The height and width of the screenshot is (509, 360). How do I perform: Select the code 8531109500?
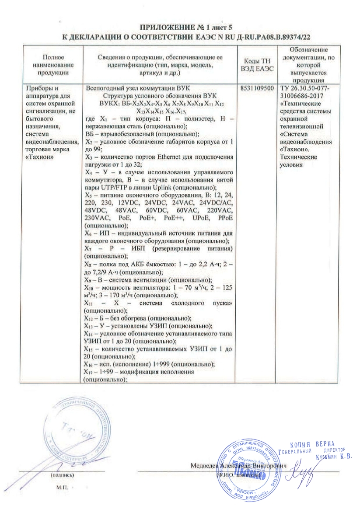click(x=257, y=88)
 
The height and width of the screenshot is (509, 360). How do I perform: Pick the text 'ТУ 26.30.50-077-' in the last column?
click(x=304, y=88)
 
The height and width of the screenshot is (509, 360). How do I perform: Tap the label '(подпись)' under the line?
click(x=63, y=474)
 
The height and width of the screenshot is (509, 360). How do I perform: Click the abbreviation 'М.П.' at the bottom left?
click(x=63, y=486)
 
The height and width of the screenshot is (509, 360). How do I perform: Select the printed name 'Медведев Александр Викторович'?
click(x=238, y=466)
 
